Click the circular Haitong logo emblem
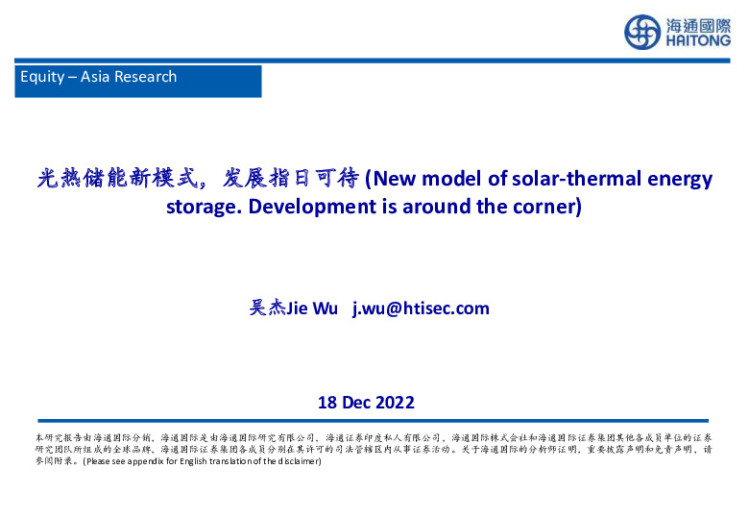pyautogui.click(x=642, y=32)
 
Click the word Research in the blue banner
pyautogui.click(x=145, y=77)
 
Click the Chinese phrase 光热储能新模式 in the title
pyautogui.click(x=115, y=179)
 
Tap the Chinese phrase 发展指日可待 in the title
pyautogui.click(x=289, y=179)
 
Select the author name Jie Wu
pyautogui.click(x=312, y=308)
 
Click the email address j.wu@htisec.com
pyautogui.click(x=421, y=308)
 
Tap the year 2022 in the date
pyautogui.click(x=396, y=402)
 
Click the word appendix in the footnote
pyautogui.click(x=149, y=461)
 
